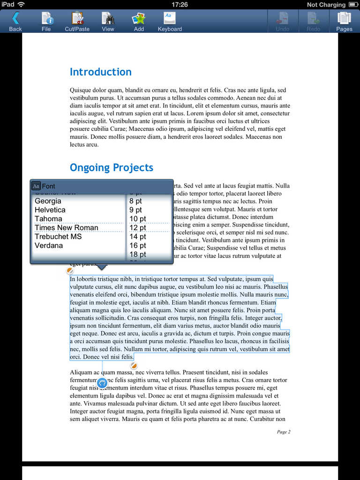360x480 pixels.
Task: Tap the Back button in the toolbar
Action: click(15, 21)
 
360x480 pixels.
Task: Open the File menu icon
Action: click(46, 21)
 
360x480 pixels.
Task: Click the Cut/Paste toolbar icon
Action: click(77, 21)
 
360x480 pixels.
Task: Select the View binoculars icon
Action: click(108, 21)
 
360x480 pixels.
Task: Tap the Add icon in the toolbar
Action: click(139, 21)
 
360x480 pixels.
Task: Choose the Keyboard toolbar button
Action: click(169, 21)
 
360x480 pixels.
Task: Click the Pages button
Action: click(344, 21)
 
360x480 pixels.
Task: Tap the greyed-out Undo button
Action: click(282, 21)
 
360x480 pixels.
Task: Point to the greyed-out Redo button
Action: click(313, 21)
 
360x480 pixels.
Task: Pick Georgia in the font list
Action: click(48, 201)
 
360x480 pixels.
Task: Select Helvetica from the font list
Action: click(50, 210)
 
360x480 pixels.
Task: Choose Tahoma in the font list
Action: click(48, 219)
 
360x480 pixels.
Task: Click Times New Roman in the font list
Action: click(67, 228)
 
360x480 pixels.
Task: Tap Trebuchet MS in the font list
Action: click(58, 237)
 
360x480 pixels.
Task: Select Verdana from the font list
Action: click(49, 246)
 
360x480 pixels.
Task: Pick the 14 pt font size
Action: click(138, 237)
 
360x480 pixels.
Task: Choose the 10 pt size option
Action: click(138, 219)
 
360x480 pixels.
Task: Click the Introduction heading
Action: click(100, 72)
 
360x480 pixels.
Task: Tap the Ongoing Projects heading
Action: click(112, 168)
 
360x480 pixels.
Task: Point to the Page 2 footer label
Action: click(284, 432)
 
